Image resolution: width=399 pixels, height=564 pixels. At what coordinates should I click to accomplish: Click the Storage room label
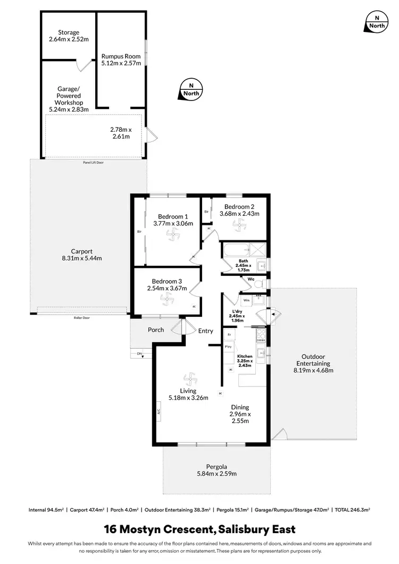(68, 32)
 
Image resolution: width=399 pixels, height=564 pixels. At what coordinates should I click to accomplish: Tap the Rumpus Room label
(121, 55)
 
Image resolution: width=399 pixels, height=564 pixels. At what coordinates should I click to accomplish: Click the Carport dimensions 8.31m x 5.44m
(82, 258)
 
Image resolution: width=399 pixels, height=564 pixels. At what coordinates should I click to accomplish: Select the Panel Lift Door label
(93, 163)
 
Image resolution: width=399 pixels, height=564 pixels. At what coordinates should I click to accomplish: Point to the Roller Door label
(82, 317)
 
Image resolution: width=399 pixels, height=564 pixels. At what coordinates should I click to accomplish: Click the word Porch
(156, 330)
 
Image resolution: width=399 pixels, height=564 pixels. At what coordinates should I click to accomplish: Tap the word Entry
(206, 331)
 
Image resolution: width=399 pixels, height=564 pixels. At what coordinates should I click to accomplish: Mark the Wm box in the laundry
(246, 300)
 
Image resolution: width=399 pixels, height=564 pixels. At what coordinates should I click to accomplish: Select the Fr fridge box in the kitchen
(229, 334)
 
